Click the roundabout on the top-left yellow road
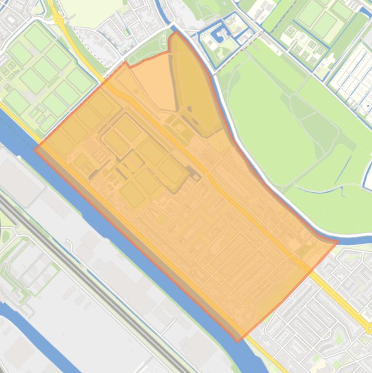point(59,20)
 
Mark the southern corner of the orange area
point(238,341)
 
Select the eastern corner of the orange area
point(337,241)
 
